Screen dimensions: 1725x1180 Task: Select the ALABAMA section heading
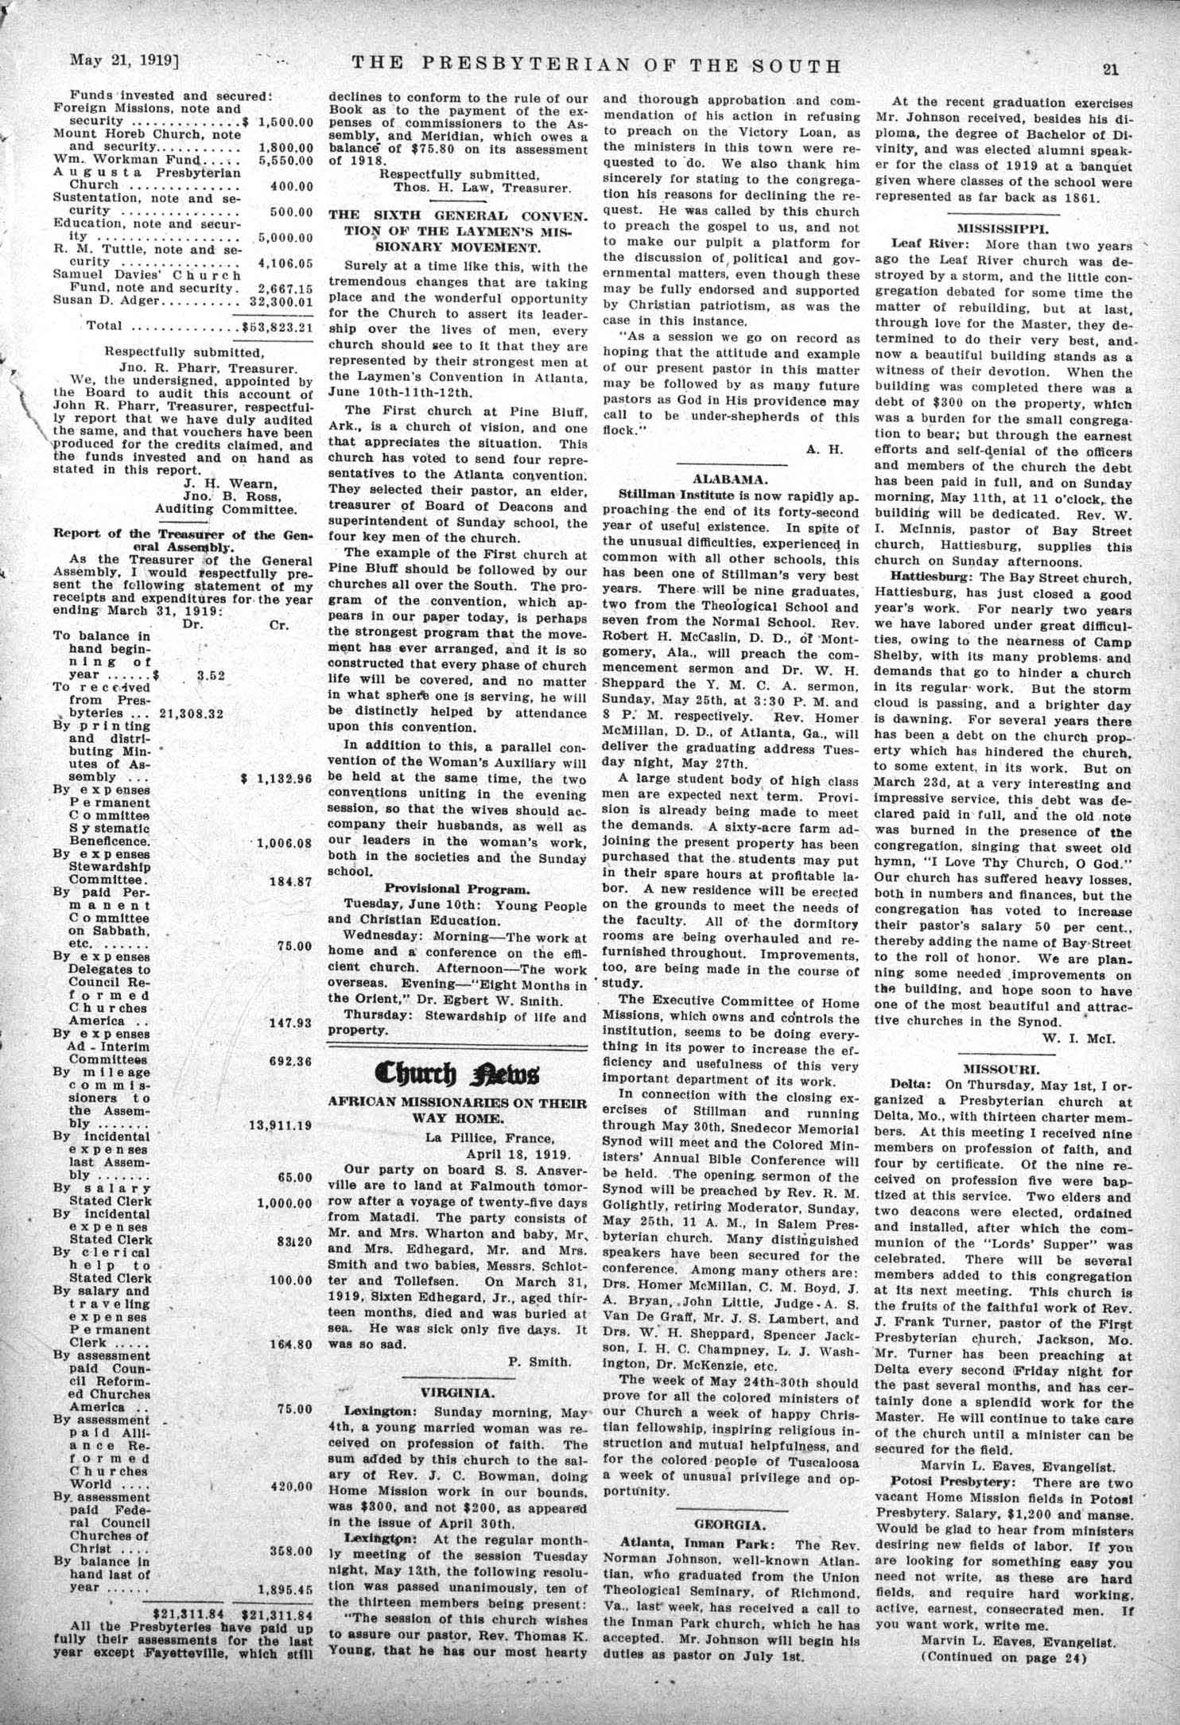pos(728,479)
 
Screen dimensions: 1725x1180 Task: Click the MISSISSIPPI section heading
pos(1003,225)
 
